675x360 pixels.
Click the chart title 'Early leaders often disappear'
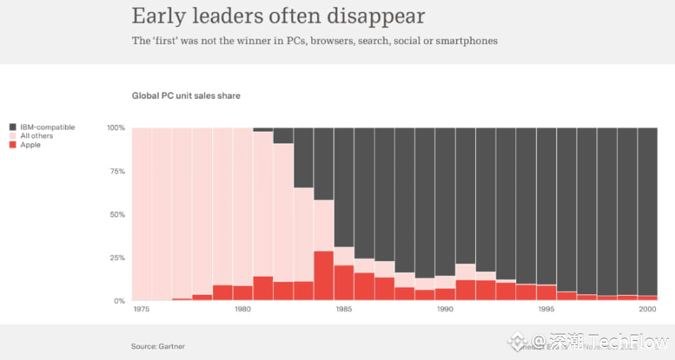(278, 16)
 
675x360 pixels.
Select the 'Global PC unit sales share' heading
(186, 96)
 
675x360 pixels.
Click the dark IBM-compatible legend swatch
(12, 127)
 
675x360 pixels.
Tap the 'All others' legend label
(37, 136)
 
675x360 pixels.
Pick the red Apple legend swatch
(12, 145)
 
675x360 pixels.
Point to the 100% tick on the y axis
(116, 128)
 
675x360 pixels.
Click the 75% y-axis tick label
(117, 171)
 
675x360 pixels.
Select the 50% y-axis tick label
(117, 214)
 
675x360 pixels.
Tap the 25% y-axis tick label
(117, 258)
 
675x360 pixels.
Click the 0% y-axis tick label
(119, 301)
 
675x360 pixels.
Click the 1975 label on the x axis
(142, 310)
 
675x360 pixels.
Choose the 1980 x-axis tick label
(243, 310)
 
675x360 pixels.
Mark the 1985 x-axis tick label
(344, 310)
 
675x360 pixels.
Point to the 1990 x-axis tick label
(445, 310)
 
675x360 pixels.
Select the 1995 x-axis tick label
(546, 310)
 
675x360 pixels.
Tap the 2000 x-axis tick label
(647, 310)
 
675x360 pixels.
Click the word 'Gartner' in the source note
(172, 345)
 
